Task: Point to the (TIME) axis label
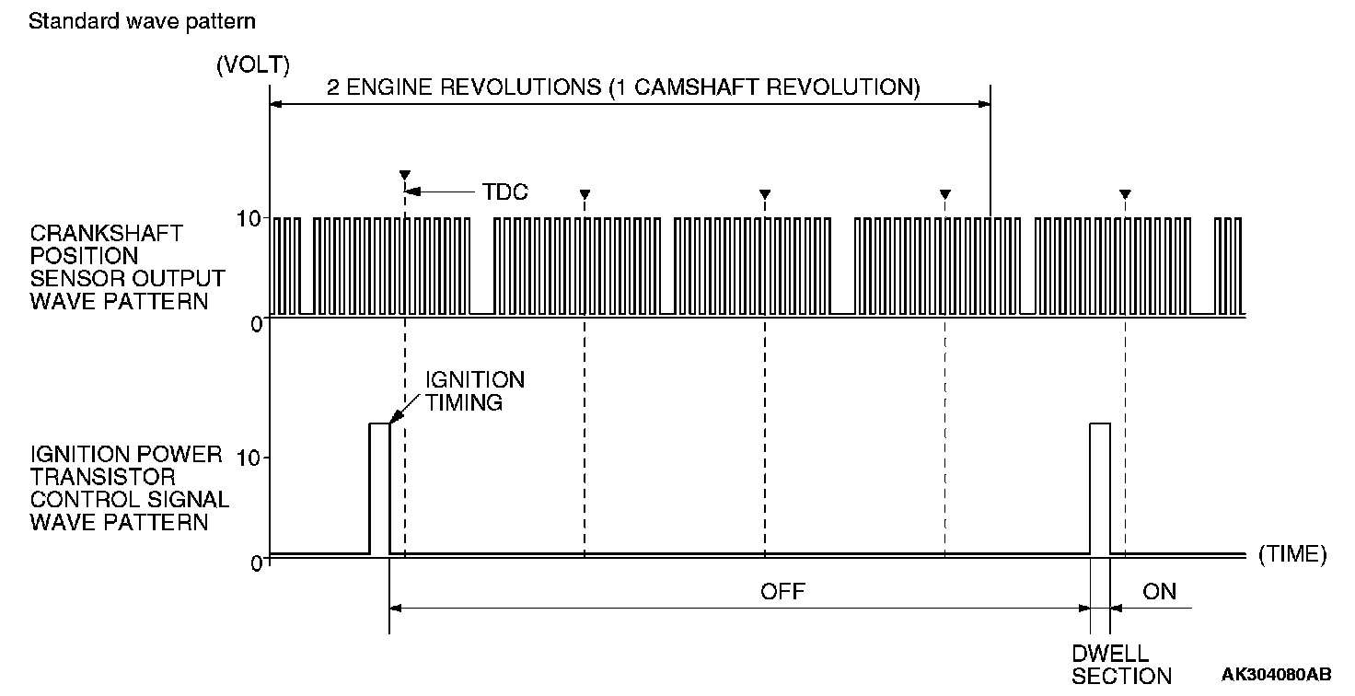tap(1292, 554)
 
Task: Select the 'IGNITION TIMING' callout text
tap(474, 391)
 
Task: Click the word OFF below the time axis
tap(782, 591)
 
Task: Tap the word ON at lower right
tap(1159, 591)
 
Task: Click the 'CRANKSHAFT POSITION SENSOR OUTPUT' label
tap(127, 266)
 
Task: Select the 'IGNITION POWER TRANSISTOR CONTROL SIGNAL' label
tap(129, 488)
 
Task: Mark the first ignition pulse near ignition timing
tap(379, 488)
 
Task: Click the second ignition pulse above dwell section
tap(1100, 488)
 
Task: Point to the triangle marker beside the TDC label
tap(404, 175)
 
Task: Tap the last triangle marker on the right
tap(1125, 194)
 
